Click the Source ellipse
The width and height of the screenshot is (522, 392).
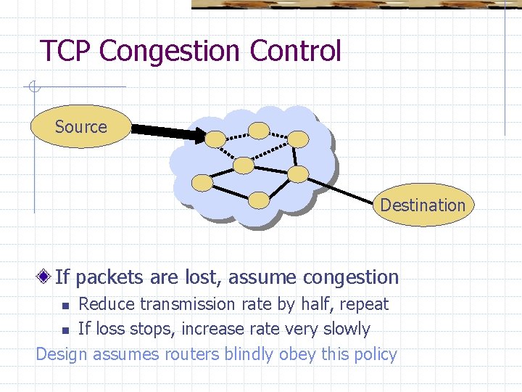tap(80, 127)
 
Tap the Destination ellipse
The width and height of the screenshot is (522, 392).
tap(423, 205)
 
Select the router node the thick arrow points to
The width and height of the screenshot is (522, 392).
tap(215, 138)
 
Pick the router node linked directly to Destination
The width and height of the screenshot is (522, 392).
tap(297, 173)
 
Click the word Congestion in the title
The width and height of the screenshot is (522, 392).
tap(171, 52)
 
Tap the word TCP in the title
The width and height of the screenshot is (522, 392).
tap(67, 52)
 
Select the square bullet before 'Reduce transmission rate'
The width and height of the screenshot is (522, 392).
tap(65, 304)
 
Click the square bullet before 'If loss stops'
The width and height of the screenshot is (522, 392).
tap(65, 330)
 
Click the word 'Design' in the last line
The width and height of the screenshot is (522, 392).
tap(61, 354)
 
